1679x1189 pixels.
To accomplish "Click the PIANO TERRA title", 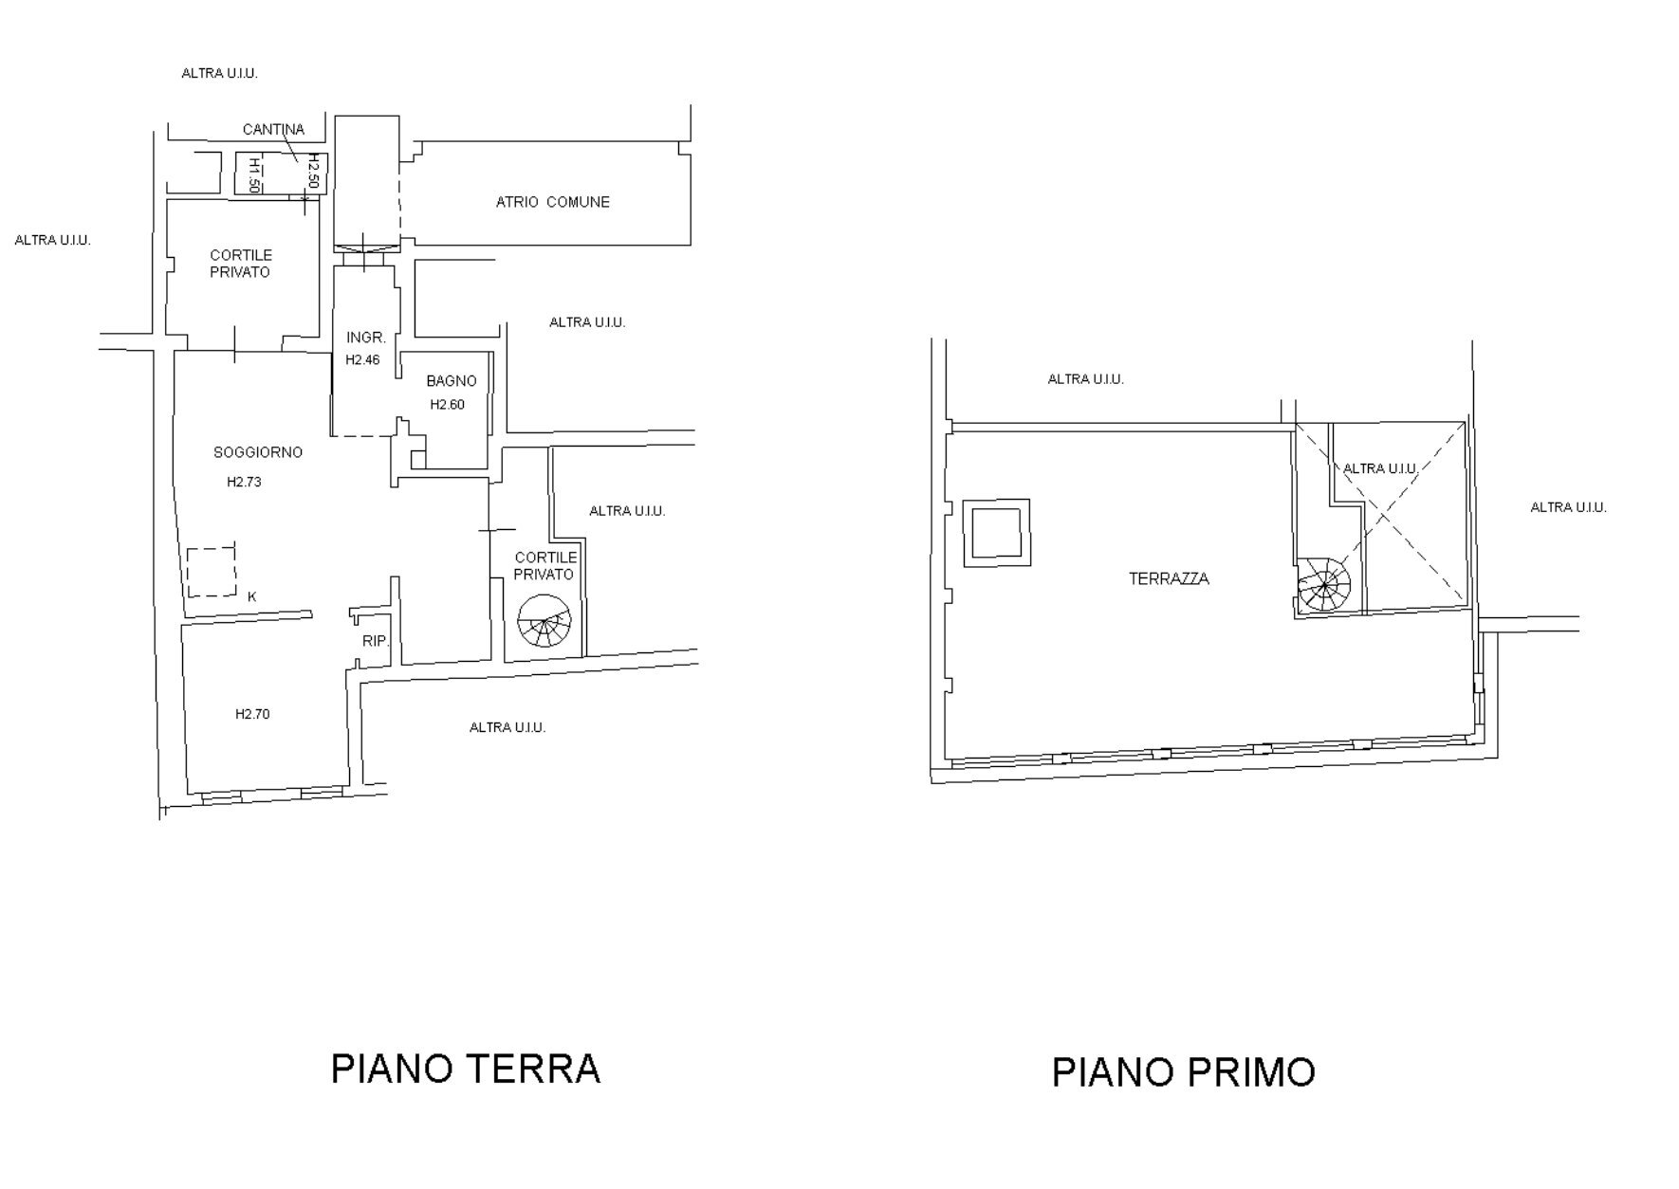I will [x=465, y=1069].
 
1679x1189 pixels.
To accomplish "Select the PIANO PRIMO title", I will [x=1183, y=1072].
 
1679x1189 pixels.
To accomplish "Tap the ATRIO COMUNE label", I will [x=552, y=202].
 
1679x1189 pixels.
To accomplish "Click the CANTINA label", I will [x=273, y=130].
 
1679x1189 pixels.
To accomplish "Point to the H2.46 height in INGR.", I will [x=362, y=360].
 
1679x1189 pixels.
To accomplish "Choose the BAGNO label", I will [x=451, y=381].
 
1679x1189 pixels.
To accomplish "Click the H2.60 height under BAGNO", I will [x=448, y=405].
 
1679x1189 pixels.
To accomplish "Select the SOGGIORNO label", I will [x=258, y=453].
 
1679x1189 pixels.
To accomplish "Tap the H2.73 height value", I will [x=244, y=482].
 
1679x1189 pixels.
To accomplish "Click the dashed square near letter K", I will [x=211, y=572].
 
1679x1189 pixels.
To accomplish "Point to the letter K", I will [x=251, y=597].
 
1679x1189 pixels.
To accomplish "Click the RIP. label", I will [x=375, y=642].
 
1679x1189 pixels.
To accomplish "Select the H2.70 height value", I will [x=252, y=714].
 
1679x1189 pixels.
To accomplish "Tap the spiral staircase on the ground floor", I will [x=544, y=621].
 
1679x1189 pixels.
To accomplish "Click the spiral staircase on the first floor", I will [x=1323, y=583].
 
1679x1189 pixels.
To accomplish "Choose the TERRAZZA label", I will [x=1169, y=579].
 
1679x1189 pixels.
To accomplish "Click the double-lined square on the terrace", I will [x=996, y=533].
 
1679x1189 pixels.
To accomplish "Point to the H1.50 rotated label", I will [x=253, y=174].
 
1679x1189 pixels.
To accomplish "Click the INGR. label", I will [x=365, y=338].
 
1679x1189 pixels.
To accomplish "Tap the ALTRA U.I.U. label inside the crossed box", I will [x=1380, y=468].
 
